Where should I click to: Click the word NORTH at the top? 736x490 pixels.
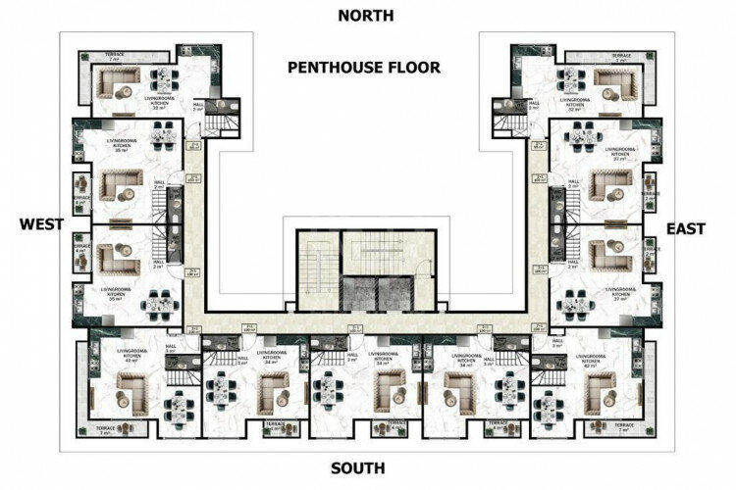click(365, 15)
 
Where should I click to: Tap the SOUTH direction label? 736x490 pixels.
click(357, 468)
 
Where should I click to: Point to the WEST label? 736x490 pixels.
click(41, 224)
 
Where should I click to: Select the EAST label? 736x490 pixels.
click(686, 228)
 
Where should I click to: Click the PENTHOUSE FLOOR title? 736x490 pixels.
click(364, 68)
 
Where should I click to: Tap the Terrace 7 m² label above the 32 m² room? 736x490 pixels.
click(621, 57)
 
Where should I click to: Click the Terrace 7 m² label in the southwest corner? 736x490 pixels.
click(105, 430)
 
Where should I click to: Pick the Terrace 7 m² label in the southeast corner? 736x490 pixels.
click(622, 430)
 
